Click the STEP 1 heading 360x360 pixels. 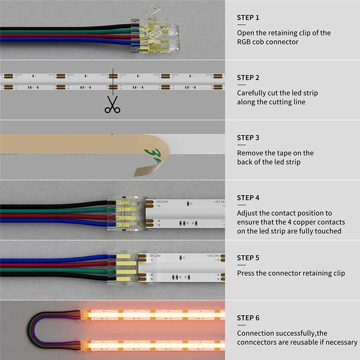(x=248, y=18)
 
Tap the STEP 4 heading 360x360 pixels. (x=248, y=198)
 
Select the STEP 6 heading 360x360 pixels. (x=248, y=318)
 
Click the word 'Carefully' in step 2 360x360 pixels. (x=252, y=93)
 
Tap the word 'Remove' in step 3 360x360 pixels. (x=250, y=153)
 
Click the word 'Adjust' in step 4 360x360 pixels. (x=247, y=213)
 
